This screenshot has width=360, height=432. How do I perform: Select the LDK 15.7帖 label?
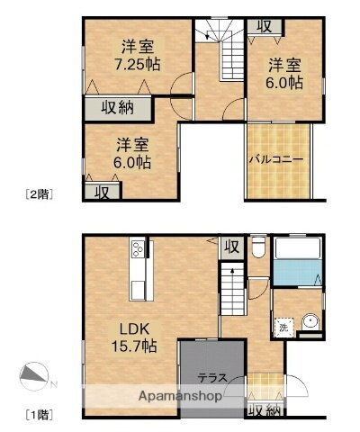(x=134, y=336)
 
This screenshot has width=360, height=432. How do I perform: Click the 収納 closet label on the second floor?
(x=117, y=109)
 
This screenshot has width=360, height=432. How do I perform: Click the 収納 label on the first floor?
(x=262, y=409)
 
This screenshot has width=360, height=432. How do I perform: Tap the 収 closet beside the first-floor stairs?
(x=231, y=246)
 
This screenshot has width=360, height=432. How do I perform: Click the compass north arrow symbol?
(x=34, y=375)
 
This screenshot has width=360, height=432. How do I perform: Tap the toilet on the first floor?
(x=257, y=248)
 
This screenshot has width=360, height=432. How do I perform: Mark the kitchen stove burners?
(x=139, y=248)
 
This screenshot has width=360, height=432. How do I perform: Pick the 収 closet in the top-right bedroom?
(x=263, y=25)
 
